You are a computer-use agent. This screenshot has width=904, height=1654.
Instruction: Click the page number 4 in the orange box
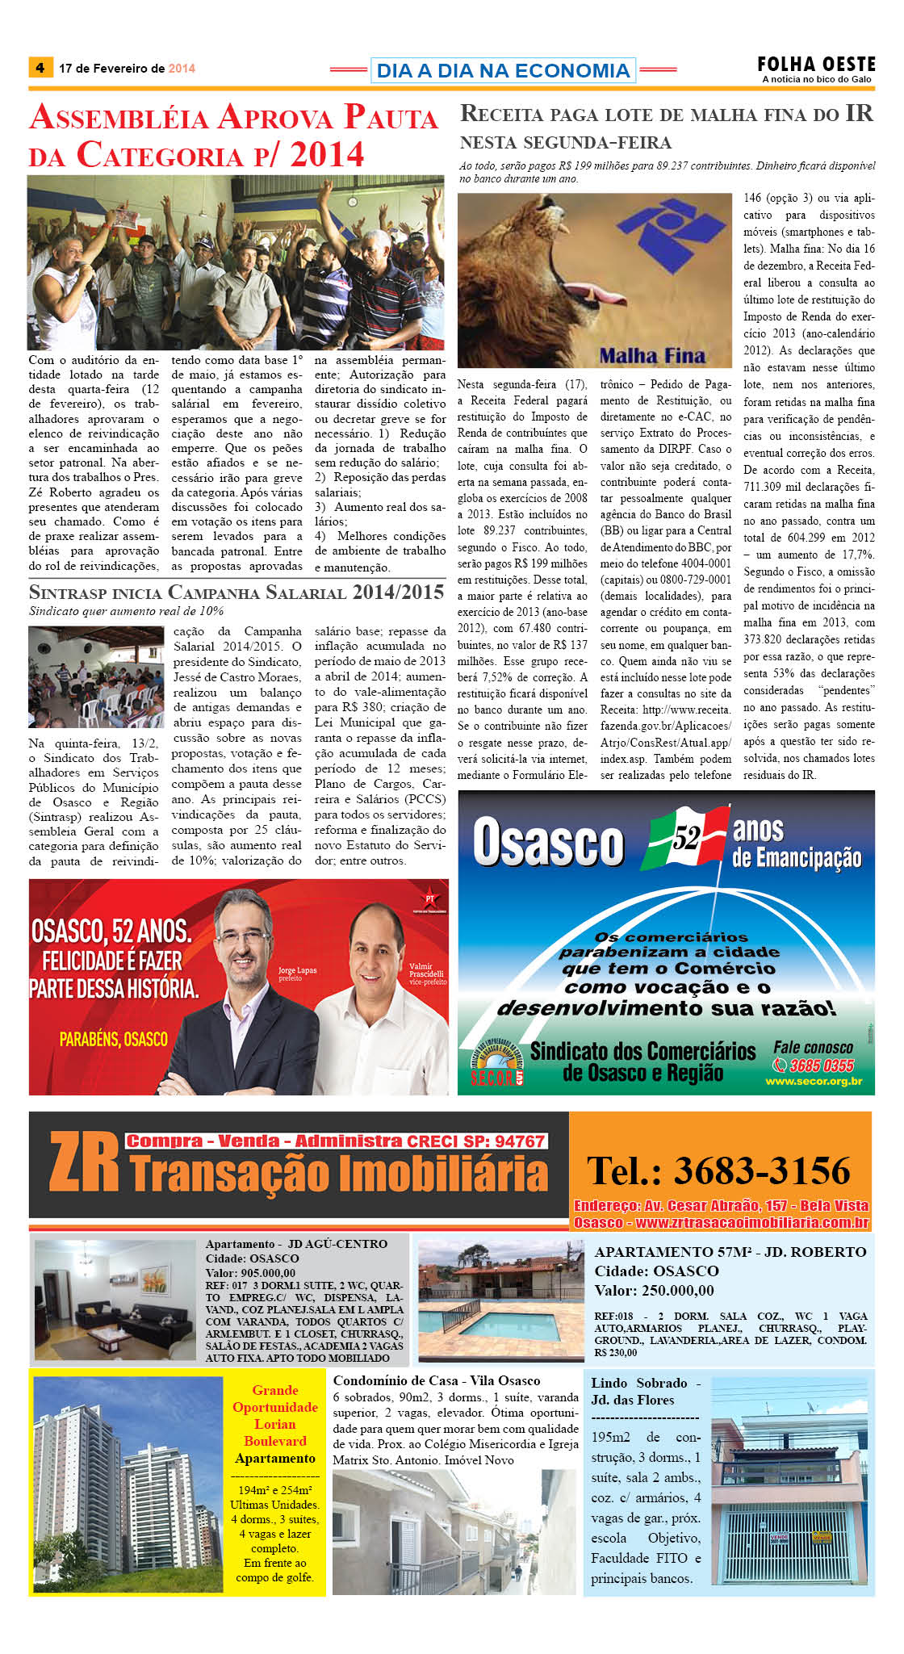point(40,67)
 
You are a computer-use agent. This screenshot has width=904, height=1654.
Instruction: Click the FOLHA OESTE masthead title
point(816,64)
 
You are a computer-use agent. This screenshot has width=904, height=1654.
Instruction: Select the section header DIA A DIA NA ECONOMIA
point(503,70)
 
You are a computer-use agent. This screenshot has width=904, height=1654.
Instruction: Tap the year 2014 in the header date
point(182,69)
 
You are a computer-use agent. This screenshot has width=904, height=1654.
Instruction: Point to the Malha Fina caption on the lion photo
point(651,355)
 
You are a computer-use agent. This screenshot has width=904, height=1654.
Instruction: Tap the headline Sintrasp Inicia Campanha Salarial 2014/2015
point(236,592)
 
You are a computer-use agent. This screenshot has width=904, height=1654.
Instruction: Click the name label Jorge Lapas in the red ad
point(297,970)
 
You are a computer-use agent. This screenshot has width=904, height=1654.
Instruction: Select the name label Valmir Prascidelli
point(426,970)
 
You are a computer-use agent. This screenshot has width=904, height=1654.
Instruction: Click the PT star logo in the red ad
point(430,898)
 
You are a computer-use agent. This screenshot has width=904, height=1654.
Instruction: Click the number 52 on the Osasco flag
point(686,840)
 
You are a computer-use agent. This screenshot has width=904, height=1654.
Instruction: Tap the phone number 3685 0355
point(821,1066)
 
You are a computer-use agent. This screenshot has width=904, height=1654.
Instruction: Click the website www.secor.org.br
point(814,1082)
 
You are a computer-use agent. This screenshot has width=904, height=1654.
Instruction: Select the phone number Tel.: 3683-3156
point(718,1170)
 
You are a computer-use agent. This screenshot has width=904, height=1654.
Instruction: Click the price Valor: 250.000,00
point(654,1290)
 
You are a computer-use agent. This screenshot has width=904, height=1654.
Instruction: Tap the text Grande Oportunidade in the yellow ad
point(274,1398)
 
